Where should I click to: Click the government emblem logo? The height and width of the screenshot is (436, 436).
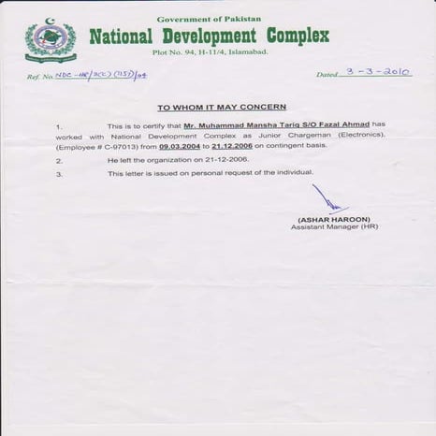click(50, 40)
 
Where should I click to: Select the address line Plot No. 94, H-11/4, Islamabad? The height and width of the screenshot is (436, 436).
click(210, 52)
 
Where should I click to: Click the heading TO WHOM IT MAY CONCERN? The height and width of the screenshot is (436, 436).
click(221, 108)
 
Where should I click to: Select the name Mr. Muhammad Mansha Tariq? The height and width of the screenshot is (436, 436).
click(236, 125)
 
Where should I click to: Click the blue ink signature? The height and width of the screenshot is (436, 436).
click(327, 199)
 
